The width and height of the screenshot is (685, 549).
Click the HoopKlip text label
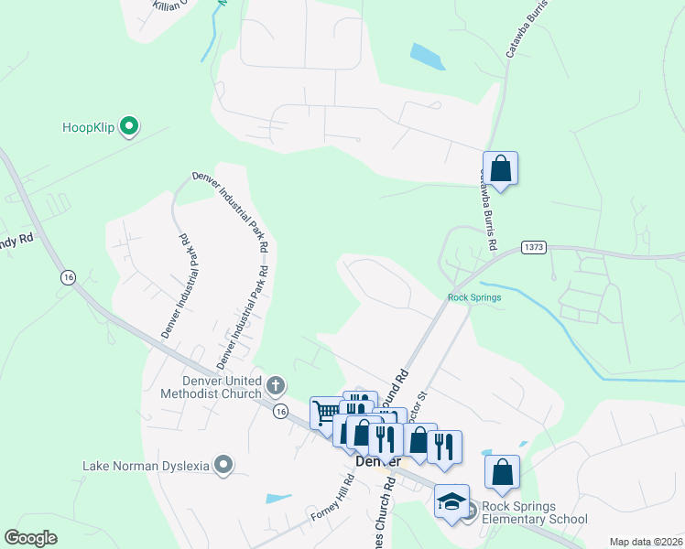(88, 127)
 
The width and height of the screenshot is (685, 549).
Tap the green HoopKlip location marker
(130, 126)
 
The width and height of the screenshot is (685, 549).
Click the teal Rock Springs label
(474, 297)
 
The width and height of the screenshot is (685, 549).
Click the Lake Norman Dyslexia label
(146, 466)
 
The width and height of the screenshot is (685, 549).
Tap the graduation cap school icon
(451, 501)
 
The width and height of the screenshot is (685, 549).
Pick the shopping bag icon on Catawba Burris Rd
(500, 168)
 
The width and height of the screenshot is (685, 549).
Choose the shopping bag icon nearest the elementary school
(502, 472)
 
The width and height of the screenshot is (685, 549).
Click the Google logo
(31, 538)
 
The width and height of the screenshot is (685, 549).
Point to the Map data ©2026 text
(646, 542)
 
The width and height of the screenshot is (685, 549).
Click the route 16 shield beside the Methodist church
(279, 412)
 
